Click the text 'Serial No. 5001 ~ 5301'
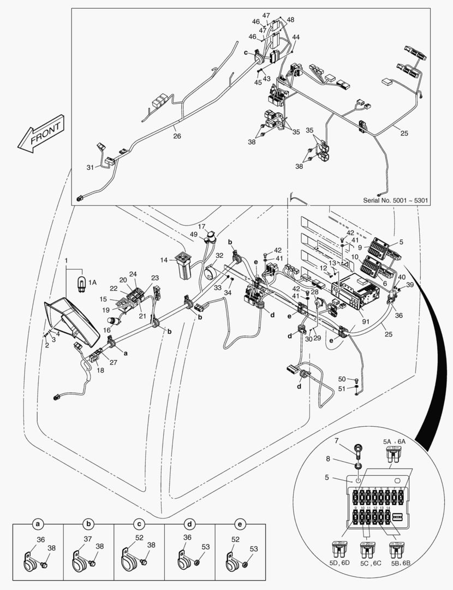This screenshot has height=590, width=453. (x=396, y=200)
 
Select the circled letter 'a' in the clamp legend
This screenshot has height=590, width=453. (x=38, y=524)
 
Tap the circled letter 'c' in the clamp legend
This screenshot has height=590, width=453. (x=139, y=524)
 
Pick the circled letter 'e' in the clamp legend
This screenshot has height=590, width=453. (x=240, y=524)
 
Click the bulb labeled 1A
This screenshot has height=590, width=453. (x=82, y=284)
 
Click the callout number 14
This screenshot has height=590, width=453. (x=163, y=260)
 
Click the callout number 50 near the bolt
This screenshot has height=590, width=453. (x=342, y=379)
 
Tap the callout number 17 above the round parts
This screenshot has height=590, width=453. (x=201, y=226)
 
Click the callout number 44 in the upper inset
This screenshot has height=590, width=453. (x=295, y=38)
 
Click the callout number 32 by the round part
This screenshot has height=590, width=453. (x=219, y=255)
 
